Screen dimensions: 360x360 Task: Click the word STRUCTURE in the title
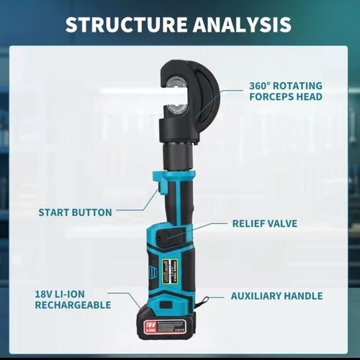tap(126, 24)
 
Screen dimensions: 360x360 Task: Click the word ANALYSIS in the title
tap(243, 24)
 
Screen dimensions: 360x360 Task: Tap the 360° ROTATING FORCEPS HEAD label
tap(286, 91)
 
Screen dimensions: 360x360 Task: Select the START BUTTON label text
tap(76, 212)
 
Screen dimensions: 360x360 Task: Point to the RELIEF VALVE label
tap(265, 223)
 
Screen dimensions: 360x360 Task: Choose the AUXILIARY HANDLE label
tap(276, 296)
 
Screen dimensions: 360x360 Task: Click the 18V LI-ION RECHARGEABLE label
tap(73, 300)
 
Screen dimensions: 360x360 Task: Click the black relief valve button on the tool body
tap(171, 235)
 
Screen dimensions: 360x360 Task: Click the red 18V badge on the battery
tap(150, 327)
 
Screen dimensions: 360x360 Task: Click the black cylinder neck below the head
tap(178, 156)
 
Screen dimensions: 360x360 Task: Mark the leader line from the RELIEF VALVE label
tap(197, 230)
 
